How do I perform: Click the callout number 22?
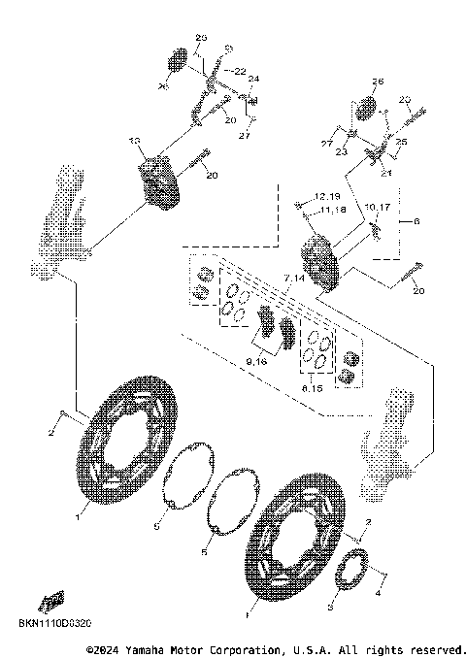(x=240, y=71)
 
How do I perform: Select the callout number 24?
(x=253, y=80)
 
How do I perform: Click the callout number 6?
(x=418, y=221)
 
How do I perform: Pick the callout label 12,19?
(x=325, y=196)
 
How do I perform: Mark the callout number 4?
(x=380, y=589)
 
